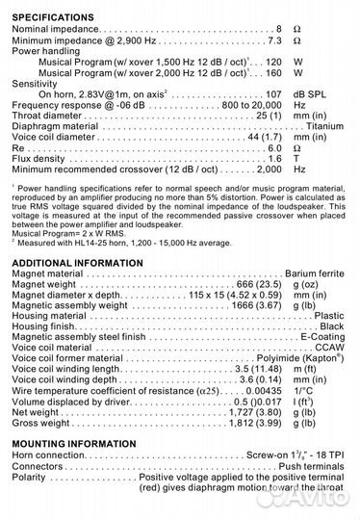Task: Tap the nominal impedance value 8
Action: [x=279, y=30]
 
